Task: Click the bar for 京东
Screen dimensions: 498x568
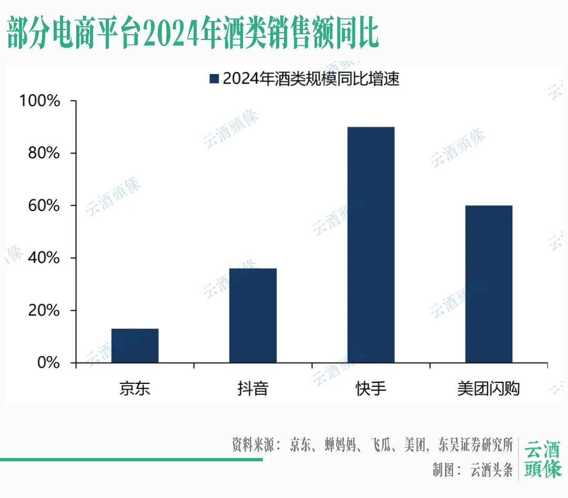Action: [135, 345]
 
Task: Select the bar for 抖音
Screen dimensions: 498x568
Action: [253, 316]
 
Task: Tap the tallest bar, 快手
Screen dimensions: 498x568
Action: [371, 245]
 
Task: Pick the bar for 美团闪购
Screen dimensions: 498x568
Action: [489, 284]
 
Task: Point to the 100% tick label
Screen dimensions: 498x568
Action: [39, 100]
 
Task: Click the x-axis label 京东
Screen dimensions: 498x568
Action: [135, 389]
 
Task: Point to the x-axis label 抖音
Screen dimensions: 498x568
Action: [253, 389]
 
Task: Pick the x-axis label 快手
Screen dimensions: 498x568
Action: [371, 389]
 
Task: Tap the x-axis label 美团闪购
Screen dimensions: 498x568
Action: [489, 389]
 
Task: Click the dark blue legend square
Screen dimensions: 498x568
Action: [214, 79]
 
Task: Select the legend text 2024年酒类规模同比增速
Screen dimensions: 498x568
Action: [311, 79]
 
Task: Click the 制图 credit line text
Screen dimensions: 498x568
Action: [472, 470]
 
